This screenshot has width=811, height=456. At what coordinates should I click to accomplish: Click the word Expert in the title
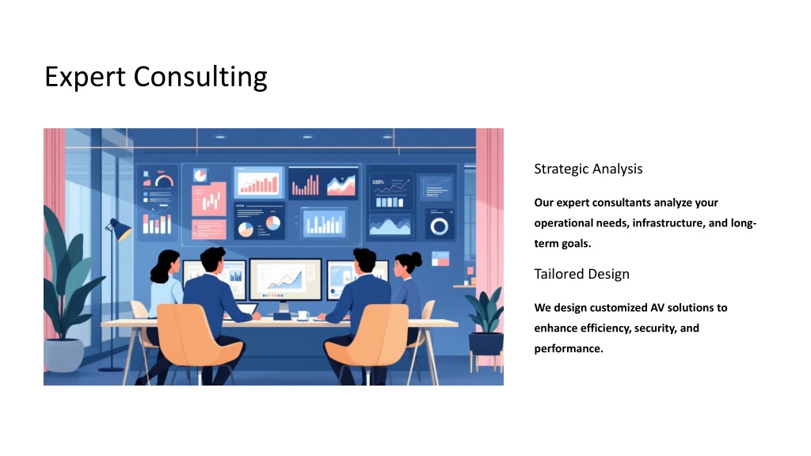tap(85, 78)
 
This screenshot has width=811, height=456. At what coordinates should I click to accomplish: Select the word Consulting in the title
tap(200, 78)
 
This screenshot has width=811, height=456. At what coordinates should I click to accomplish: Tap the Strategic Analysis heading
tap(588, 169)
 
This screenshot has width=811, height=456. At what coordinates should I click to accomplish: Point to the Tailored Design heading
tap(581, 274)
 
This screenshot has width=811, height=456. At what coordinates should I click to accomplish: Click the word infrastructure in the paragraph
tap(668, 222)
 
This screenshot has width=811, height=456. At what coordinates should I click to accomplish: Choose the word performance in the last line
tap(569, 349)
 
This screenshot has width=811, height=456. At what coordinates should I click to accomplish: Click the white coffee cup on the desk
tap(303, 314)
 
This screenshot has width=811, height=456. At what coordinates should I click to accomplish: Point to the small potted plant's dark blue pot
tap(485, 344)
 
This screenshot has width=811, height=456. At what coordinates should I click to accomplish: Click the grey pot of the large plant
tap(64, 355)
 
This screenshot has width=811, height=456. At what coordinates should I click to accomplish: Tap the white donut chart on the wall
tap(439, 226)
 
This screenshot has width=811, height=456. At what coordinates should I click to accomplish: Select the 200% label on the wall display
tap(378, 182)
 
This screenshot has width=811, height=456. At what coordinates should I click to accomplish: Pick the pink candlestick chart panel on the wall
tap(209, 199)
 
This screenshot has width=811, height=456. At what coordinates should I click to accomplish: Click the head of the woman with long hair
tap(167, 264)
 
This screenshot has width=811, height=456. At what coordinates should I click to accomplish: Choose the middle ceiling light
tap(307, 137)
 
